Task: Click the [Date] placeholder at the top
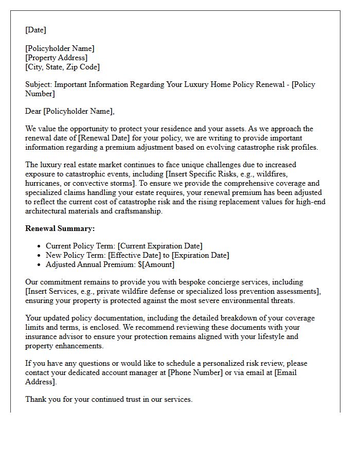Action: click(35, 30)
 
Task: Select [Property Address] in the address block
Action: click(57, 58)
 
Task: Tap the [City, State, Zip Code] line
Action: click(62, 67)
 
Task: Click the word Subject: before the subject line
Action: click(39, 84)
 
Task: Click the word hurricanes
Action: click(44, 183)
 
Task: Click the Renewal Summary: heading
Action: click(60, 228)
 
